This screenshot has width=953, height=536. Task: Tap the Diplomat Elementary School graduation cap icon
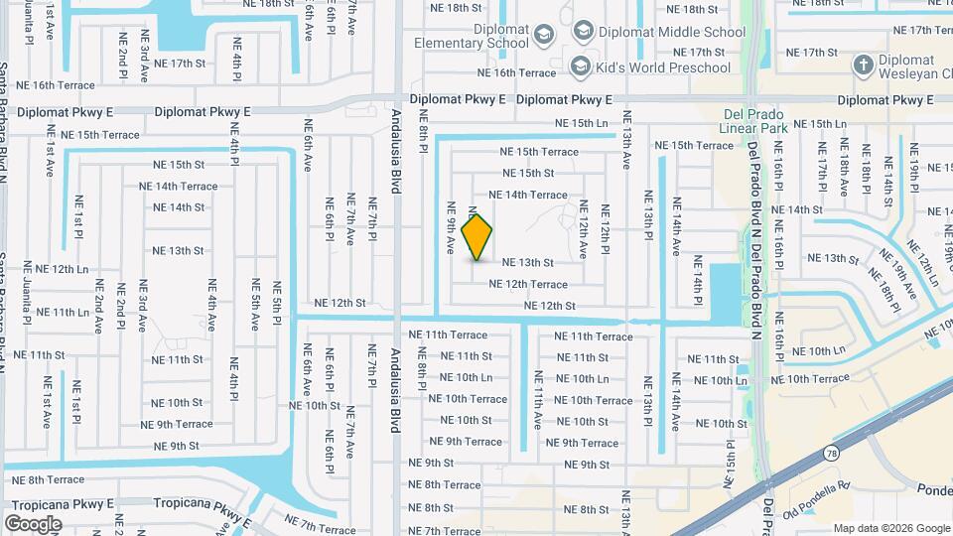point(543,37)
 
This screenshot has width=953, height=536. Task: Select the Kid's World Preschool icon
point(580,66)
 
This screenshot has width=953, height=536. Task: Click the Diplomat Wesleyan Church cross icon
point(863,66)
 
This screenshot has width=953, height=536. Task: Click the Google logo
point(33,523)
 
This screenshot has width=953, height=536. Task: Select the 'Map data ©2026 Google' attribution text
point(891,528)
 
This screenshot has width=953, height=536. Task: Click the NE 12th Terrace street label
point(528,284)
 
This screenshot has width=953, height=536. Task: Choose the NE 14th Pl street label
point(698,280)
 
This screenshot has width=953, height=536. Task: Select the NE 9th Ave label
point(451,226)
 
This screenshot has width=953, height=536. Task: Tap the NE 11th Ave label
point(538,399)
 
